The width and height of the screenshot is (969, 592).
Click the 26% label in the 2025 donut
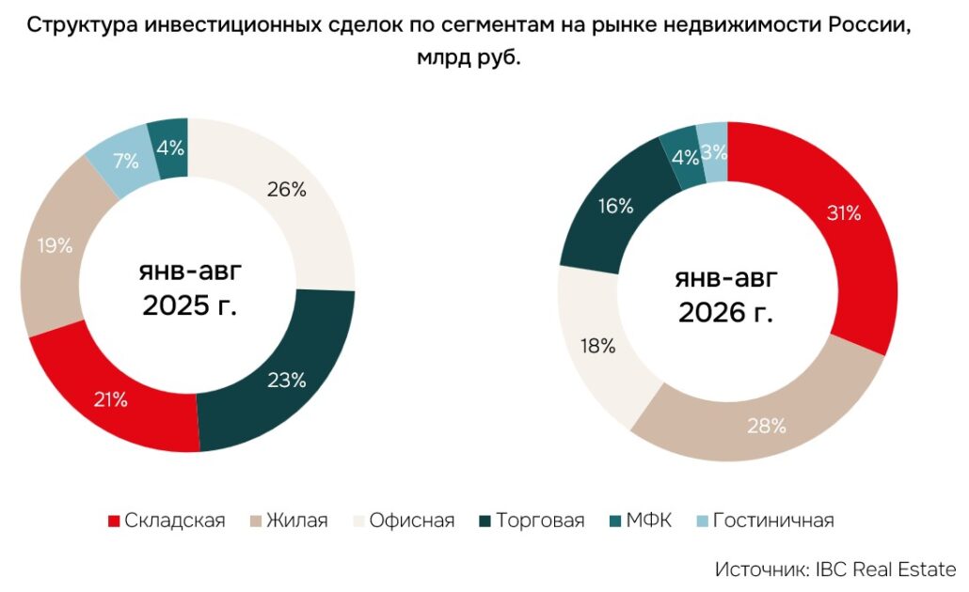[x=287, y=190]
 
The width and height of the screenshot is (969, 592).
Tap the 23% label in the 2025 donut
[x=287, y=381]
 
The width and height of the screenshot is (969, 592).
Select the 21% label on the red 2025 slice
[x=111, y=400]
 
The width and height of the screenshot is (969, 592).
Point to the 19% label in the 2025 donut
[x=55, y=245]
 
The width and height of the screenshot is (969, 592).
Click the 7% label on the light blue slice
[x=126, y=161]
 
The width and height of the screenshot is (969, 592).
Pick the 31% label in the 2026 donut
[x=844, y=213]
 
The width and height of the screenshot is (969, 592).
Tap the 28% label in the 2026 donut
[x=767, y=426]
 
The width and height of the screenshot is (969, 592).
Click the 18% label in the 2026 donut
[x=598, y=347]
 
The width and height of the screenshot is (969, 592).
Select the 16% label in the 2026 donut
[x=615, y=206]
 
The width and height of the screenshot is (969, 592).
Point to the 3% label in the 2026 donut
[x=714, y=152]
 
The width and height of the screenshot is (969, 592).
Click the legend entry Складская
[x=167, y=521]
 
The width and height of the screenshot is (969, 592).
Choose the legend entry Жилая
[x=289, y=521]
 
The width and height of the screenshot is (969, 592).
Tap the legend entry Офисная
[x=405, y=521]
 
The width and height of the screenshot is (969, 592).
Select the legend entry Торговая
[x=532, y=521]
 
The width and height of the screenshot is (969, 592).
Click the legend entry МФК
[x=641, y=521]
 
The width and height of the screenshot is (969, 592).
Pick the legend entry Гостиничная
[x=766, y=521]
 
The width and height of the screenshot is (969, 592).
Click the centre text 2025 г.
[x=190, y=305]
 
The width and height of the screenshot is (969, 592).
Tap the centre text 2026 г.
[x=725, y=312]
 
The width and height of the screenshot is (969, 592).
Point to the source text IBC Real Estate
[x=885, y=569]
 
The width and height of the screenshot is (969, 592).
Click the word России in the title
[x=870, y=25]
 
